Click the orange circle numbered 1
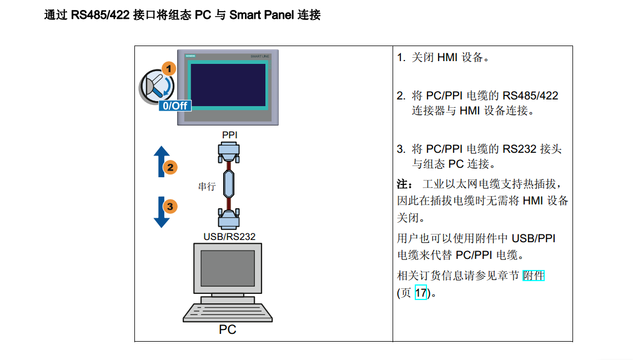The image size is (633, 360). pyautogui.click(x=168, y=69)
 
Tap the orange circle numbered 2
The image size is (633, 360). pyautogui.click(x=169, y=167)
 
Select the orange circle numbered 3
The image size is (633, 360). pyautogui.click(x=169, y=207)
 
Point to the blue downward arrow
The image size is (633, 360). pyautogui.click(x=161, y=212)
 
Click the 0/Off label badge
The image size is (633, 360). pyautogui.click(x=174, y=105)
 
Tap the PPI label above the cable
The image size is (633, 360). pyautogui.click(x=230, y=135)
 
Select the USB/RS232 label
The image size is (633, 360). pyautogui.click(x=229, y=237)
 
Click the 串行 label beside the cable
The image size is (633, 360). pyautogui.click(x=207, y=187)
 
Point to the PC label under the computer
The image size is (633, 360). pyautogui.click(x=228, y=329)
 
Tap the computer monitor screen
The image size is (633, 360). pyautogui.click(x=228, y=269)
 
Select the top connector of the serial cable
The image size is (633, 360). pyautogui.click(x=230, y=151)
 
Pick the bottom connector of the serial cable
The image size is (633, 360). pyautogui.click(x=229, y=219)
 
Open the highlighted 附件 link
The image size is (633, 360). pyautogui.click(x=534, y=276)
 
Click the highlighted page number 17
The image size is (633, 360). pyautogui.click(x=421, y=292)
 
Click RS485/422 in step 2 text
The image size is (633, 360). pyautogui.click(x=530, y=96)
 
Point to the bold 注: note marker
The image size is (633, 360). pyautogui.click(x=405, y=183)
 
